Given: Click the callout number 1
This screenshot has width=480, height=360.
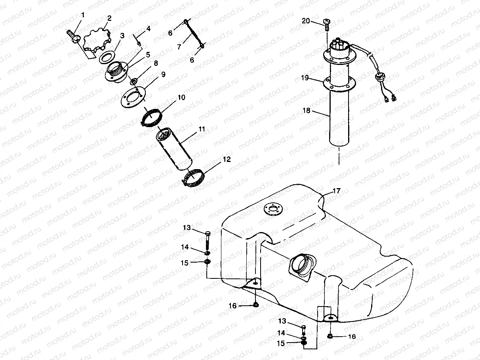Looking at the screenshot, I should [x=83, y=15].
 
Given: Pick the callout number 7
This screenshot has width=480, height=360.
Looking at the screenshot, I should [x=179, y=47].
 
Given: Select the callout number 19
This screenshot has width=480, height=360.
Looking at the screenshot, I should [x=305, y=78].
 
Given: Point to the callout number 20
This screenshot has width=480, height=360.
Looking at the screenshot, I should [x=306, y=21].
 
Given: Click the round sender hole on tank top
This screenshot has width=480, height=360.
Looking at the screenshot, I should [x=273, y=209].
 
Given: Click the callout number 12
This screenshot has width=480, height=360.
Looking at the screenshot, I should [x=227, y=160].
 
